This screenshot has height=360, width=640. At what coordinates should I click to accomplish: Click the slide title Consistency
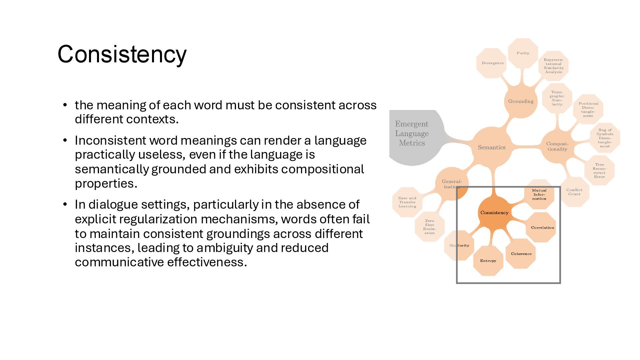pyautogui.click(x=122, y=54)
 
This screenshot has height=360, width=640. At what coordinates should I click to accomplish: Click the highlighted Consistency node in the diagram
pyautogui.click(x=494, y=213)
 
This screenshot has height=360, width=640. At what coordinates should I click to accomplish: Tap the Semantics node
pyautogui.click(x=492, y=147)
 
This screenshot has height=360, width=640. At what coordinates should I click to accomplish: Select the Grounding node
pyautogui.click(x=521, y=101)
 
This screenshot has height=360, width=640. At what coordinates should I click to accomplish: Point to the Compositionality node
pyautogui.click(x=557, y=147)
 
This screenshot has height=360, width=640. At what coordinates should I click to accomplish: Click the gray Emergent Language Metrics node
pyautogui.click(x=412, y=134)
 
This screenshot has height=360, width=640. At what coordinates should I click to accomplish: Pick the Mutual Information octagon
pyautogui.click(x=539, y=194)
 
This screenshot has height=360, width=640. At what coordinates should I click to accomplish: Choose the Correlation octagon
pyautogui.click(x=542, y=228)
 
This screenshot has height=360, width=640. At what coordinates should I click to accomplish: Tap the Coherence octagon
pyautogui.click(x=521, y=254)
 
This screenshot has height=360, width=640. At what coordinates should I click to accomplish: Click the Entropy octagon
pyautogui.click(x=488, y=261)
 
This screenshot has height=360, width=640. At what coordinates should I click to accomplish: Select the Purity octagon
pyautogui.click(x=523, y=53)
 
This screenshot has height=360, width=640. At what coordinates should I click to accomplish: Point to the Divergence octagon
pyautogui.click(x=492, y=63)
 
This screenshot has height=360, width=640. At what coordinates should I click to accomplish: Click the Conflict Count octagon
pyautogui.click(x=574, y=192)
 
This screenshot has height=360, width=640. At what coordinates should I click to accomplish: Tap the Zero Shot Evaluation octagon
pyautogui.click(x=429, y=227)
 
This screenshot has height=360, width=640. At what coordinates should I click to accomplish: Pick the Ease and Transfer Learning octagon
pyautogui.click(x=407, y=202)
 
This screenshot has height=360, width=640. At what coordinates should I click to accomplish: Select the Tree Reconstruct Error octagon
pyautogui.click(x=599, y=170)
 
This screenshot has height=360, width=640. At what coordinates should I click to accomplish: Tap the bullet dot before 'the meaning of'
pyautogui.click(x=65, y=105)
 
